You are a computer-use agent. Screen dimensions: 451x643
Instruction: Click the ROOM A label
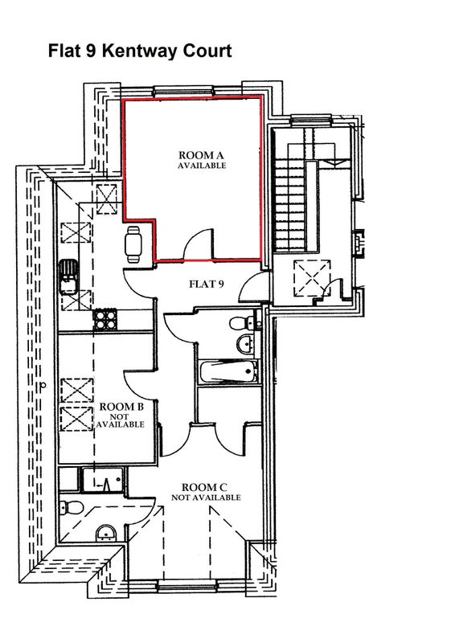click(201, 155)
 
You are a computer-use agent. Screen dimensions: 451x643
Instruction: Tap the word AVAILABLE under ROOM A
click(202, 166)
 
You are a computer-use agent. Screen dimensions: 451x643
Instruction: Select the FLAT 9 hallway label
click(207, 284)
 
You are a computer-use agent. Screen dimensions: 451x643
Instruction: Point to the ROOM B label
click(121, 407)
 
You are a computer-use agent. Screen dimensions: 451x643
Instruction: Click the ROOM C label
click(204, 488)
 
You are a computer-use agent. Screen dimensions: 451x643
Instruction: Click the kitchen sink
click(68, 276)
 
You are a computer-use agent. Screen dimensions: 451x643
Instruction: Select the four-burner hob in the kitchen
click(105, 320)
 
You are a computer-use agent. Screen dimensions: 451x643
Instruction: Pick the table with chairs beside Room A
click(133, 244)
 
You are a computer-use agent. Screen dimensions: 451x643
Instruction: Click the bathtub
click(228, 371)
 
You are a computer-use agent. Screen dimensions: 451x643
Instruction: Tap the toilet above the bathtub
click(242, 323)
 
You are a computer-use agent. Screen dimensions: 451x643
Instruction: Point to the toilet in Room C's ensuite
click(71, 507)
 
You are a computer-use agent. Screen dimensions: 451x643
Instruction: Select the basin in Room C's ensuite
click(106, 534)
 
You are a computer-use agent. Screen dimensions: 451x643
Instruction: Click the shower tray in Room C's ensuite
click(103, 479)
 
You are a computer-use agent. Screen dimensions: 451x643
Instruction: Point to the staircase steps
click(290, 204)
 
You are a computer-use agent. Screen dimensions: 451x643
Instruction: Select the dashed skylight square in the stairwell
click(312, 277)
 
